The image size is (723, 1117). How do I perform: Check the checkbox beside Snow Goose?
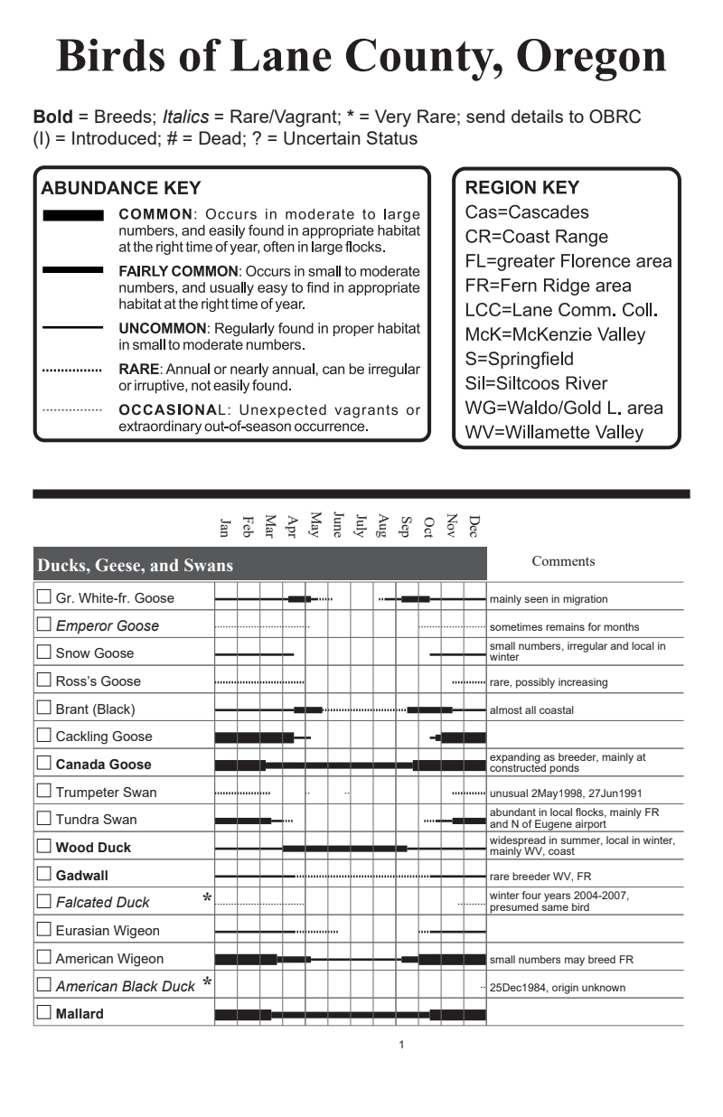click(x=43, y=652)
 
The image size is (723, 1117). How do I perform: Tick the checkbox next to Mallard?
click(x=43, y=1013)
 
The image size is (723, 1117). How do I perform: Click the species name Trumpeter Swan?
click(x=106, y=793)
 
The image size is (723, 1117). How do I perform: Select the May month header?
click(x=315, y=524)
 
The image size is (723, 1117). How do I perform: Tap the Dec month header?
click(x=474, y=525)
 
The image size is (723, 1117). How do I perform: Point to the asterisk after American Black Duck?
click(x=207, y=982)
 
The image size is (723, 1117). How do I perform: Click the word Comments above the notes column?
click(x=563, y=561)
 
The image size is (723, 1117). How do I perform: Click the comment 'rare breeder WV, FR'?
click(x=540, y=876)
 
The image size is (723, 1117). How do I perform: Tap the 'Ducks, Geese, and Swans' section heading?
click(x=135, y=566)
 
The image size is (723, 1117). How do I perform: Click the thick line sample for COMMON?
click(x=72, y=216)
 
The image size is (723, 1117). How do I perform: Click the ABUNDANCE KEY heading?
click(x=121, y=189)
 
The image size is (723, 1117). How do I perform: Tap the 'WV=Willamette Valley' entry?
click(x=554, y=432)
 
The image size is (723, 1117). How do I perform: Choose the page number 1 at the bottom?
click(x=400, y=1045)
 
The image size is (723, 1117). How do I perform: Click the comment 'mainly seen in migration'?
click(x=549, y=599)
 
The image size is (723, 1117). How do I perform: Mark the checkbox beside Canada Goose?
click(x=43, y=764)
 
